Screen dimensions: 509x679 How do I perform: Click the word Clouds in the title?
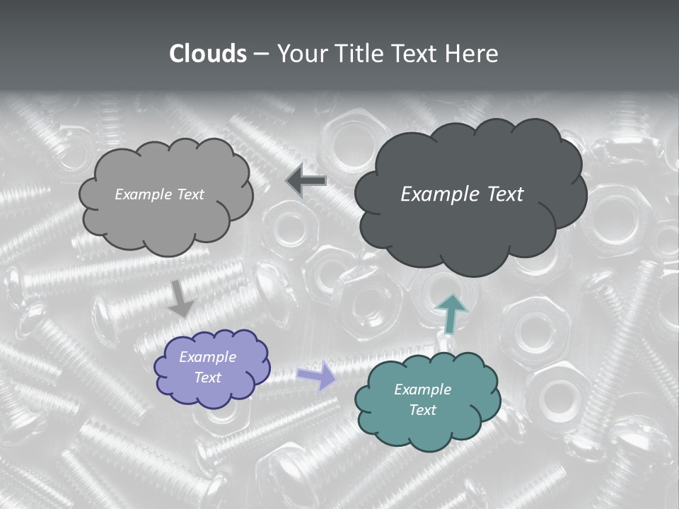point(208,54)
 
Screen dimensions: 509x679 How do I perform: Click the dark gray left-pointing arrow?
point(306,182)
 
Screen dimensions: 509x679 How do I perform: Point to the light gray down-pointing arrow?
point(180,298)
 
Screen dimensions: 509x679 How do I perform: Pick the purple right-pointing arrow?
point(316,375)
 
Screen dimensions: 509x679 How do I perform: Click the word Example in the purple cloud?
point(207,357)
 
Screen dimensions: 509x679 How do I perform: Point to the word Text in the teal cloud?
point(422,410)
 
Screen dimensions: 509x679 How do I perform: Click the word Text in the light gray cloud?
point(189,194)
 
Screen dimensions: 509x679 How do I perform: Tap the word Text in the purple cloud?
point(207,378)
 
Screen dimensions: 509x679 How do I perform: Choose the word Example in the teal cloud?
point(422,390)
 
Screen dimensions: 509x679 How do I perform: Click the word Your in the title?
point(296,54)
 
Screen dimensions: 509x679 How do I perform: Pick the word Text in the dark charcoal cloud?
point(505,194)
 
